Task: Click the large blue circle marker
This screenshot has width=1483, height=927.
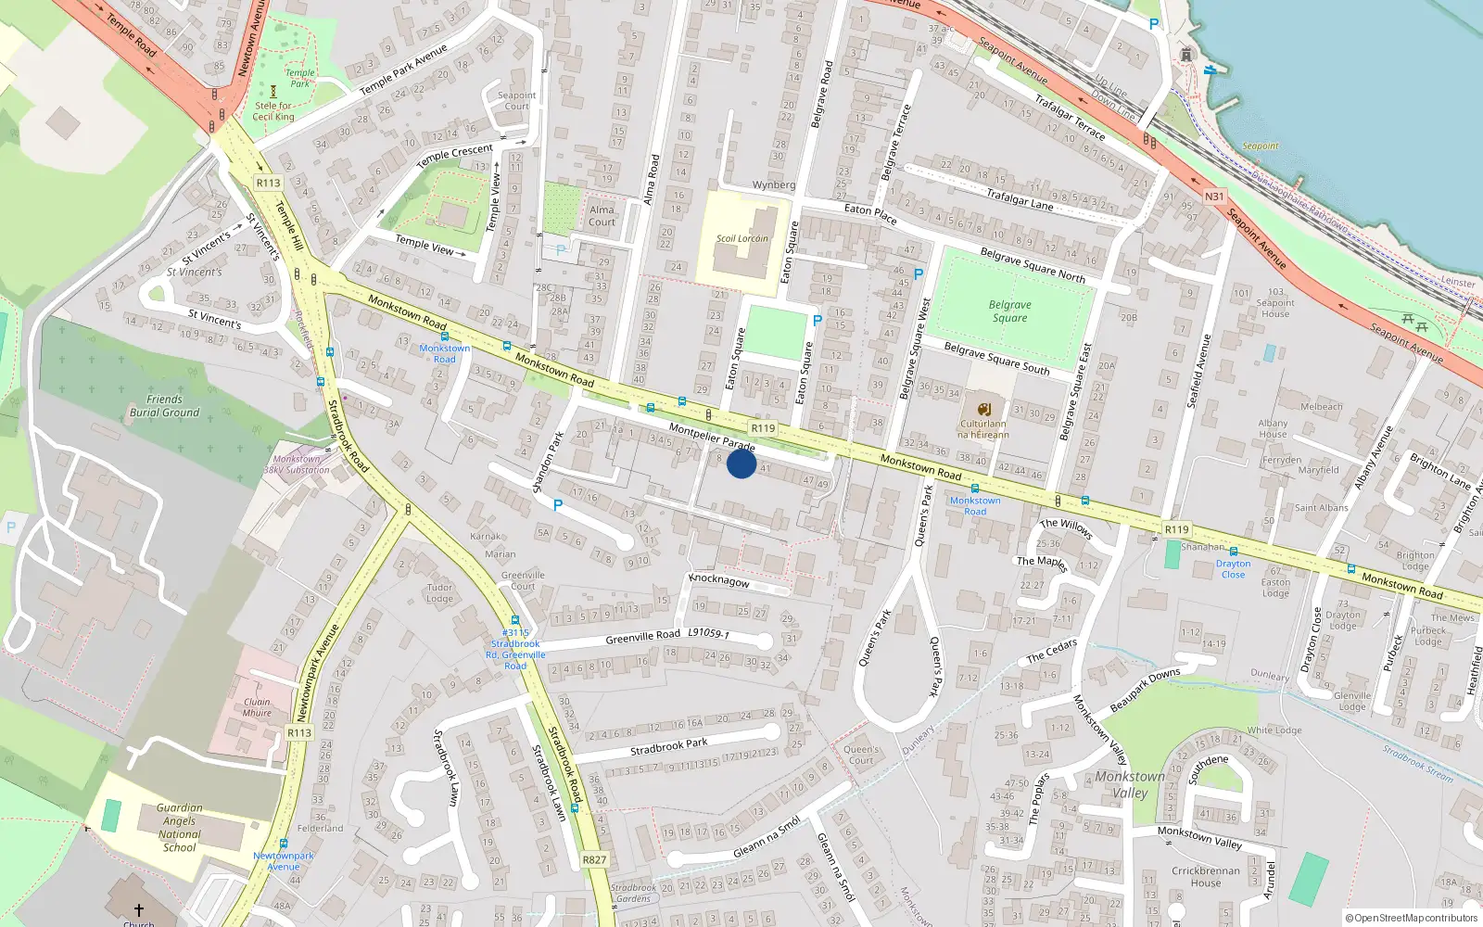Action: [741, 463]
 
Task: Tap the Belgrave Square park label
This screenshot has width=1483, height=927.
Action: [1009, 311]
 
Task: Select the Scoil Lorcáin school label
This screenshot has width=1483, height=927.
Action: [741, 238]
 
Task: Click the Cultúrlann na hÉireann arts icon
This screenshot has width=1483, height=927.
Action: [983, 409]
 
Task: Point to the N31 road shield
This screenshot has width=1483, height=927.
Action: [1214, 197]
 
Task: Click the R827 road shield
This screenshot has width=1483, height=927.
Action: [594, 859]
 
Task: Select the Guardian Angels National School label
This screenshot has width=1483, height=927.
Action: [179, 828]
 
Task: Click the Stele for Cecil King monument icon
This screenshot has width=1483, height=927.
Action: [273, 92]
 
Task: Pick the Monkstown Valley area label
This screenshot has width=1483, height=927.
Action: [1130, 784]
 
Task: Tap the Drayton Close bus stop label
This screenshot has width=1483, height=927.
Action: [1233, 568]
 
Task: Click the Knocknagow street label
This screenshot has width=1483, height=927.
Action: [719, 580]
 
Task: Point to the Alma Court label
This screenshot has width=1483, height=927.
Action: [602, 216]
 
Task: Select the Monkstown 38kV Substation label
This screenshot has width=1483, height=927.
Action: [297, 464]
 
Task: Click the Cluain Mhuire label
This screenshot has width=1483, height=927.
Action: [257, 707]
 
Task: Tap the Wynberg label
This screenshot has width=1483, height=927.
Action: [774, 185]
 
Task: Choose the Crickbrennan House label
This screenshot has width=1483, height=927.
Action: [1205, 877]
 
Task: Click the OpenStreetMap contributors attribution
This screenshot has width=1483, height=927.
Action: [1412, 918]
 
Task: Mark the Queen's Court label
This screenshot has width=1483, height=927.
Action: [861, 755]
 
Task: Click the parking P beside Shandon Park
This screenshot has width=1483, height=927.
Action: [557, 505]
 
